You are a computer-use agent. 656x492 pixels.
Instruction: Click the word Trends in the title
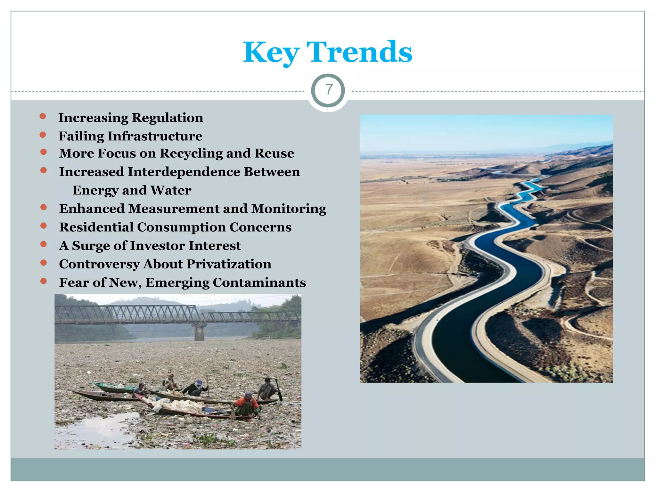(x=359, y=52)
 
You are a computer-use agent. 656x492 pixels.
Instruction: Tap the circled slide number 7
(x=328, y=90)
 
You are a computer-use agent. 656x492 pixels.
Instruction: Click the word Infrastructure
(x=155, y=136)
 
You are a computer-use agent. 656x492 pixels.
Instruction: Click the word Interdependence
(x=184, y=172)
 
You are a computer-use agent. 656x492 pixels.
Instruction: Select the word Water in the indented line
(x=171, y=190)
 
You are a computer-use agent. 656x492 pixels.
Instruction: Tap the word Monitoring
(x=289, y=209)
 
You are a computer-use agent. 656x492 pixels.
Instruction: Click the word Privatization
(x=229, y=264)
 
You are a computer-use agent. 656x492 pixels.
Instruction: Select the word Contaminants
(x=259, y=283)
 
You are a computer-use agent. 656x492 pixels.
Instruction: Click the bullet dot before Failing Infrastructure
(x=43, y=135)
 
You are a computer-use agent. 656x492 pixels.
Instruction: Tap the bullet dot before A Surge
(x=44, y=244)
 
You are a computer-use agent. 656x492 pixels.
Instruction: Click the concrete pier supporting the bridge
(x=199, y=332)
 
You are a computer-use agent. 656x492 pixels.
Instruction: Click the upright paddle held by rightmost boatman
(x=279, y=389)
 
